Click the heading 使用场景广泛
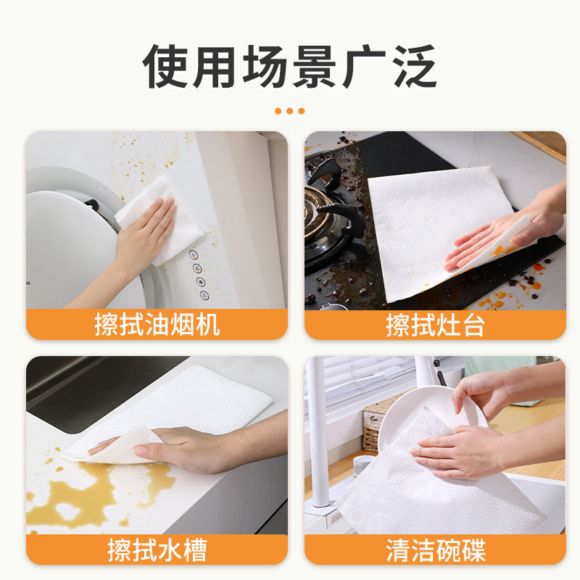click(290, 67)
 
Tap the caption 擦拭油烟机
click(157, 325)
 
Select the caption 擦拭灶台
click(435, 325)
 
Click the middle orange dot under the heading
click(290, 111)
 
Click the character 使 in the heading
click(168, 67)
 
